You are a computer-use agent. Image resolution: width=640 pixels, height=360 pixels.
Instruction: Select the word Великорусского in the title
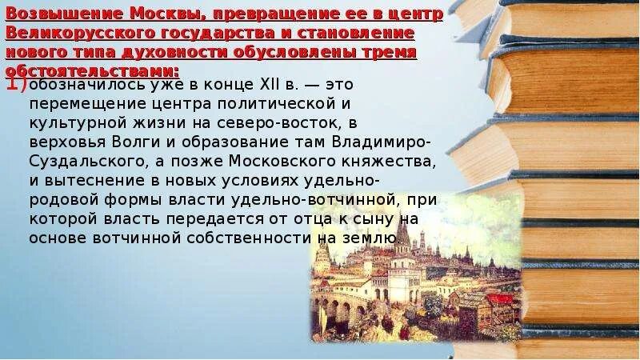(68, 34)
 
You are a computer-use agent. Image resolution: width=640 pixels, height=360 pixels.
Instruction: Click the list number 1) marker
(18, 86)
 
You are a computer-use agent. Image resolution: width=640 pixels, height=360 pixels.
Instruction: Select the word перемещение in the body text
(77, 105)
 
